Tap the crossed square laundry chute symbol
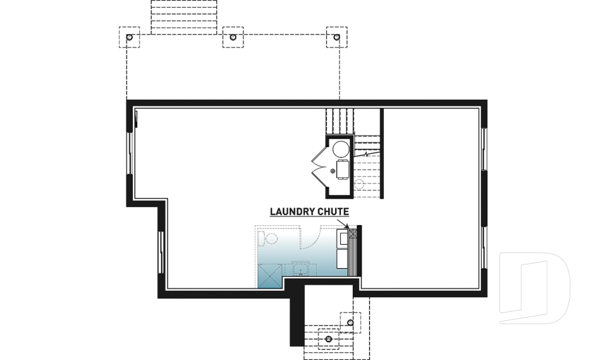(353, 233)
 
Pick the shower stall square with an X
(269, 276)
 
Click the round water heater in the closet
(341, 149)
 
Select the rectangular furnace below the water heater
(343, 170)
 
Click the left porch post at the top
(129, 37)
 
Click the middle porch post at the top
(233, 37)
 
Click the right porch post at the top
(336, 37)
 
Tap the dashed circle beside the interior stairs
(359, 184)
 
